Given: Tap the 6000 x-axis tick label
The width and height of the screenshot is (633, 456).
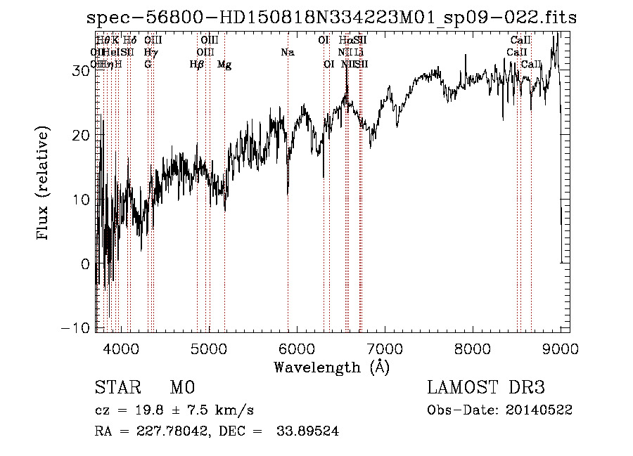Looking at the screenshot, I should [x=297, y=347].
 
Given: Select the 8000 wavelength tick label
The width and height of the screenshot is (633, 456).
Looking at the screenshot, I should [x=473, y=347].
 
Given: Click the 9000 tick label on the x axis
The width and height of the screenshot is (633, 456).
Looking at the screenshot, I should [x=561, y=347].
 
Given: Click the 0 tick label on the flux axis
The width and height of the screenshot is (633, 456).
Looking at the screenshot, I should [x=86, y=264].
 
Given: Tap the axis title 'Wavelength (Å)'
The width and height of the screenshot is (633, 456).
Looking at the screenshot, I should [x=331, y=367].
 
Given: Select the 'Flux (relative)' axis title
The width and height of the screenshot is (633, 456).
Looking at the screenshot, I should [x=44, y=184].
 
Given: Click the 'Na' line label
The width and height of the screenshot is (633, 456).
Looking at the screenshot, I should [x=287, y=52].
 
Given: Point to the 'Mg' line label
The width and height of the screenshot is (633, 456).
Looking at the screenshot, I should [x=224, y=65].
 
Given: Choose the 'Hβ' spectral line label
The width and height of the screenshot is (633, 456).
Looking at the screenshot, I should [x=197, y=65].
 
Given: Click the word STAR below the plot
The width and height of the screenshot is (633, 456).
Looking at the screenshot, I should [x=117, y=388].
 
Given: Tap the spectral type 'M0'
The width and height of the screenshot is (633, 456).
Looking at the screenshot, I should [x=181, y=388].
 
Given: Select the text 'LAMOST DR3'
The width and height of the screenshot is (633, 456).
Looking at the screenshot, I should [x=486, y=388].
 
